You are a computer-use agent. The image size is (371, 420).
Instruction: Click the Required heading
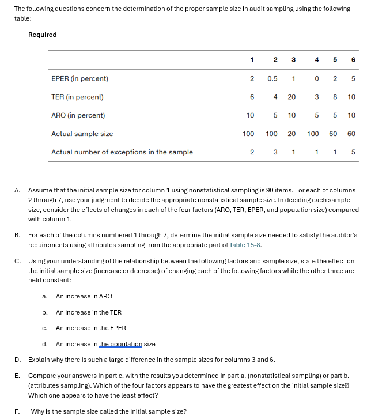pyautogui.click(x=42, y=35)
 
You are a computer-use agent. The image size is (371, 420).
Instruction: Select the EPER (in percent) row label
pyautogui.click(x=79, y=78)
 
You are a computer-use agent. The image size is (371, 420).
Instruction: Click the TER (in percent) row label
pyautogui.click(x=77, y=97)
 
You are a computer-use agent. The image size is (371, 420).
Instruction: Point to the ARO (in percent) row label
pyautogui.click(x=78, y=115)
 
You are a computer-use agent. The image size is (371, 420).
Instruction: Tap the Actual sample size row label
pyautogui.click(x=82, y=134)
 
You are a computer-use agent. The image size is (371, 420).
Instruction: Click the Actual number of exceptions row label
pyautogui.click(x=122, y=152)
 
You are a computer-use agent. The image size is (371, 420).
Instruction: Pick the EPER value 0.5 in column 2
pyautogui.click(x=272, y=78)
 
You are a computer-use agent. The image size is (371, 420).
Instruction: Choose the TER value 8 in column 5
pyautogui.click(x=335, y=97)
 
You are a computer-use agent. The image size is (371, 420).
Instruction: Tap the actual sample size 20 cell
pyautogui.click(x=291, y=134)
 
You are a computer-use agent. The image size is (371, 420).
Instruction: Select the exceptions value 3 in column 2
pyautogui.click(x=275, y=152)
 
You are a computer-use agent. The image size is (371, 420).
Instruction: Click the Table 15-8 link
pyautogui.click(x=245, y=244)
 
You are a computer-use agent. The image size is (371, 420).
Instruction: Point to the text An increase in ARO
pyautogui.click(x=84, y=296)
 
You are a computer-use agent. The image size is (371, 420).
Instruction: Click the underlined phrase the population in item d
pyautogui.click(x=120, y=344)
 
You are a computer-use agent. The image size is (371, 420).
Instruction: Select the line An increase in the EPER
pyautogui.click(x=90, y=328)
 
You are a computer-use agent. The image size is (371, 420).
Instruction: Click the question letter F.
pyautogui.click(x=17, y=411)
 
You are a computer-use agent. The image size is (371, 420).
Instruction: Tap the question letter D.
pyautogui.click(x=17, y=360)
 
